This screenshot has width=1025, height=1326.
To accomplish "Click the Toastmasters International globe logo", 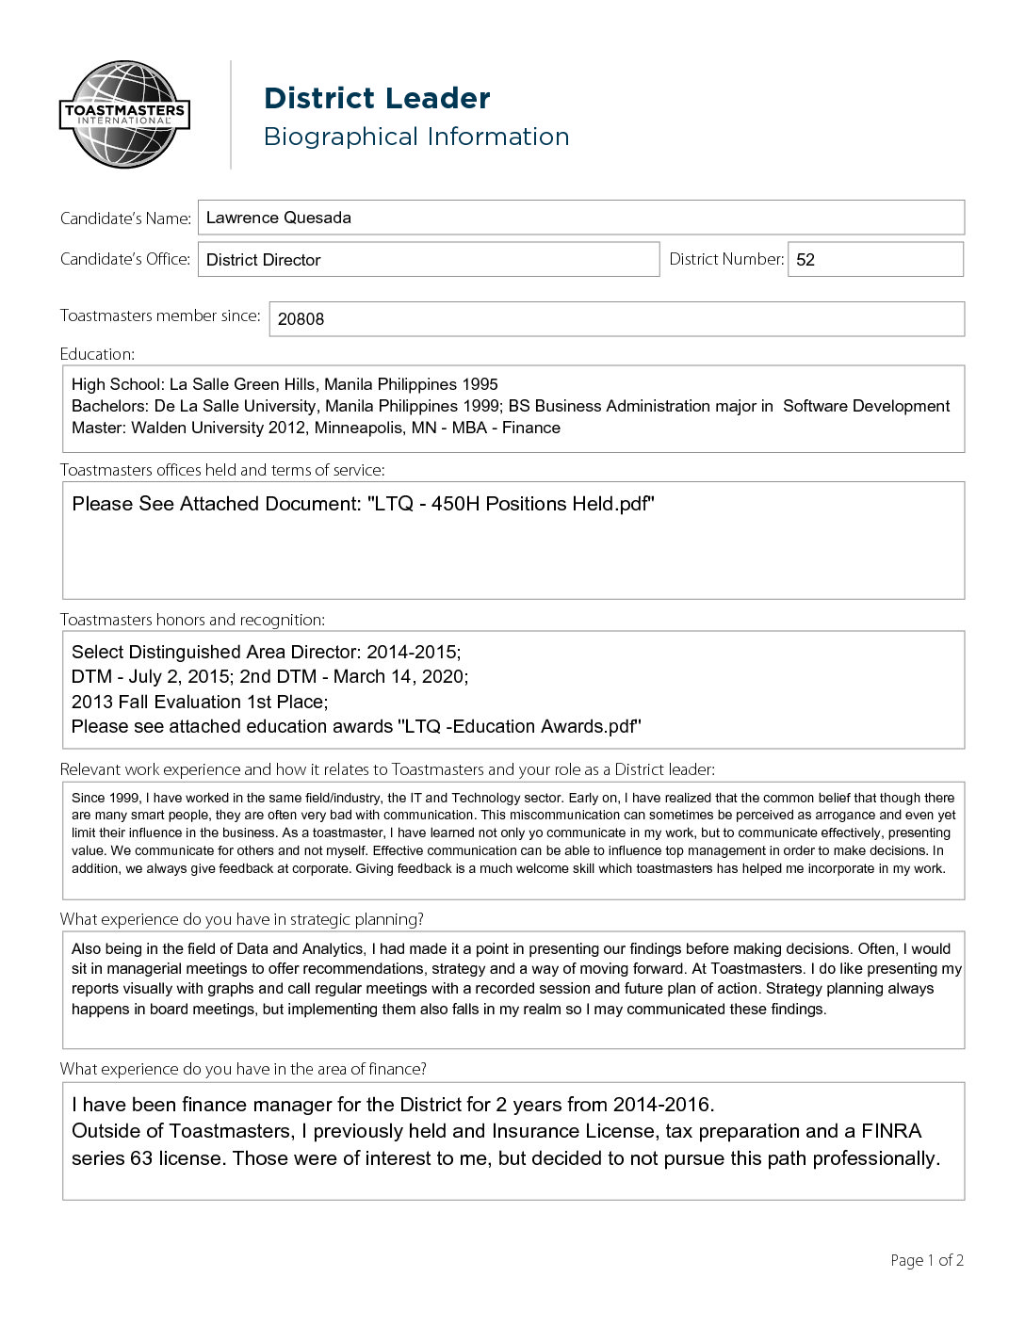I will [x=124, y=115].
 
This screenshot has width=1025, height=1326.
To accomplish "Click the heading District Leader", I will [x=377, y=98].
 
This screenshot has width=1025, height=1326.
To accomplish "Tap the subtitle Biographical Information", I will [x=416, y=137].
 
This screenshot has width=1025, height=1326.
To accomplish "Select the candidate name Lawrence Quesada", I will [x=279, y=218].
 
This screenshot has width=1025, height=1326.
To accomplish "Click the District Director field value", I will [x=264, y=260].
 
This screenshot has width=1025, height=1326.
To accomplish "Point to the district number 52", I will [x=805, y=260].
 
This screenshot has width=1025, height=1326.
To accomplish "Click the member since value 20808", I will [x=301, y=319].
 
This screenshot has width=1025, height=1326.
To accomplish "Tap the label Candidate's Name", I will [x=125, y=218].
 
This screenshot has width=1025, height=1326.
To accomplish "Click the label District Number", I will [x=725, y=259].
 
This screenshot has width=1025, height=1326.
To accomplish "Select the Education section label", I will [x=97, y=354].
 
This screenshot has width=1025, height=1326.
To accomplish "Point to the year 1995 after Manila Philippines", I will [x=480, y=384].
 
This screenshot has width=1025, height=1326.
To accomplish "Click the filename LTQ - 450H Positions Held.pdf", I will [x=512, y=504].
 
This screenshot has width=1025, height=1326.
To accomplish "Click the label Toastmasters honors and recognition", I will [x=192, y=620].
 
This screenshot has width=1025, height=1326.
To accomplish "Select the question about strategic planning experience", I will [x=242, y=919].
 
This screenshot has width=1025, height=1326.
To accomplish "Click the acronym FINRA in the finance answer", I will [x=891, y=1131].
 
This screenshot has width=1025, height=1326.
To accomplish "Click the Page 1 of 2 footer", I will [x=927, y=1260].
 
